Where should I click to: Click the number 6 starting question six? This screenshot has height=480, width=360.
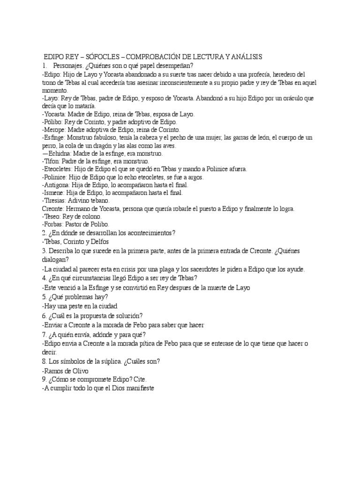tap(44, 315)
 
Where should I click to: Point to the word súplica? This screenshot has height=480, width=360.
tap(108, 361)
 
